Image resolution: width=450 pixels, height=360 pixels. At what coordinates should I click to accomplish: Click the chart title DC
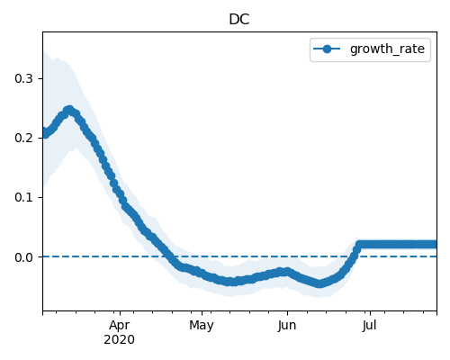coord(239,20)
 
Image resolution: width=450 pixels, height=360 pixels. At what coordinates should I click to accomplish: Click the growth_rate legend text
coord(387,49)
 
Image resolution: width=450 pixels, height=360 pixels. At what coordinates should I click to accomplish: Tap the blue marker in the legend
coord(327,49)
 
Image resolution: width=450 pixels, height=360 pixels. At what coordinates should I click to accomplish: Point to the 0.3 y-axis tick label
coord(23,78)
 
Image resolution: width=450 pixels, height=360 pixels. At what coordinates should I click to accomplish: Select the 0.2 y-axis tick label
coord(23,138)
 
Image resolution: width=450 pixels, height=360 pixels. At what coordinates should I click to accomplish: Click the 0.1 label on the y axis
coord(23,197)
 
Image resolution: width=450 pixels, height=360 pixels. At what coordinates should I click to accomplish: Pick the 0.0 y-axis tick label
coord(23,257)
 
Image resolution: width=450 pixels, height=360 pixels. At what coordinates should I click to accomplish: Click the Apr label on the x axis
coord(120,326)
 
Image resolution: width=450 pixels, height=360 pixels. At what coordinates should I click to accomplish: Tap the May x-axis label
coord(202,326)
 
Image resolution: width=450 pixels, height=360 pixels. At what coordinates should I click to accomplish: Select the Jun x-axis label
coord(287,326)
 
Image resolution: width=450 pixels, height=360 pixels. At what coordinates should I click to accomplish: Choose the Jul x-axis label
coord(369,326)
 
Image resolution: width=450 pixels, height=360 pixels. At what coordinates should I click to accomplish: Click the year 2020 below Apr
coord(119,340)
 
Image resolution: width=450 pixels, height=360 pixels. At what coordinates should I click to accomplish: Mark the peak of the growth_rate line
coord(69,110)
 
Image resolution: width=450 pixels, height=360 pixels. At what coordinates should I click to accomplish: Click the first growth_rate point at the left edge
coord(43,132)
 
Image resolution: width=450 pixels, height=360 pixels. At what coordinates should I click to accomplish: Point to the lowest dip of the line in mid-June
coord(320,283)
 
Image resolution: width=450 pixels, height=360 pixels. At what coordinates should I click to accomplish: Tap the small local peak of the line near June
coord(287,272)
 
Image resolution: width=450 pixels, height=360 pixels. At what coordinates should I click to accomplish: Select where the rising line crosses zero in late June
coord(354,256)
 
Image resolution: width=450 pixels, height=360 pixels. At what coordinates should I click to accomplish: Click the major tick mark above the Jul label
coord(370,313)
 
